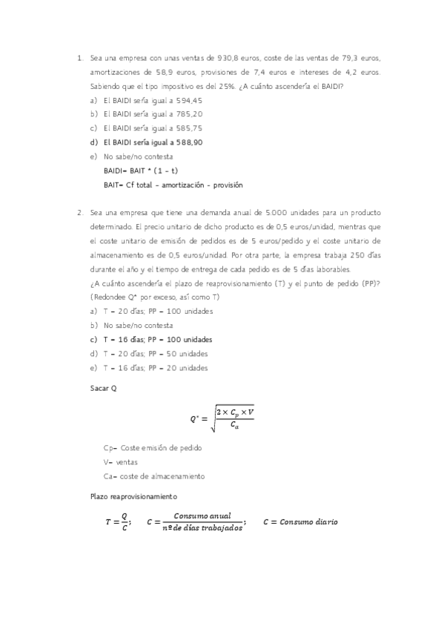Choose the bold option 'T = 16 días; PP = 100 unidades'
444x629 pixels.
(158, 339)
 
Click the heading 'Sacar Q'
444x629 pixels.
(104, 389)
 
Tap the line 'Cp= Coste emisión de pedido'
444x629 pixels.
(153, 447)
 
